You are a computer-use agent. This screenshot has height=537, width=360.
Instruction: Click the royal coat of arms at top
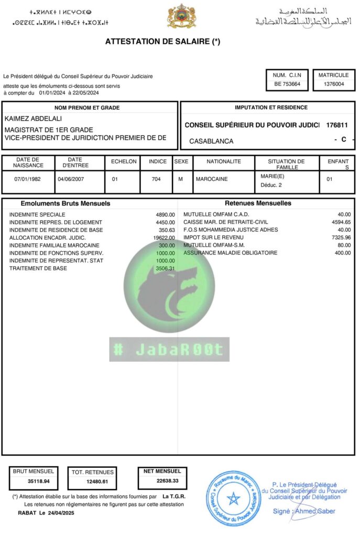[181, 16]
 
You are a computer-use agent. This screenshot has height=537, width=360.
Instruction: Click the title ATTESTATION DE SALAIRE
[162, 41]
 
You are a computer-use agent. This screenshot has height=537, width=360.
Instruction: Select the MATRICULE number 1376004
[334, 84]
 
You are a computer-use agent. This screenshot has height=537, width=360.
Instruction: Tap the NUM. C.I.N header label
[287, 75]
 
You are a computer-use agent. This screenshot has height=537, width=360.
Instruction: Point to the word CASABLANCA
[211, 141]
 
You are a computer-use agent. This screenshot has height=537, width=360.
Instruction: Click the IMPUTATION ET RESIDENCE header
[271, 108]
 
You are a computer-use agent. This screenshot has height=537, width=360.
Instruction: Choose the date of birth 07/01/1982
[29, 179]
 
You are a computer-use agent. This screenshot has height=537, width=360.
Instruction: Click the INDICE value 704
[156, 179]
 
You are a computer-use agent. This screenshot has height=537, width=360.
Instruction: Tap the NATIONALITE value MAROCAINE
[211, 179]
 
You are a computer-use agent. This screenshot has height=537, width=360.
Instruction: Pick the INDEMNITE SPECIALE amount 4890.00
[165, 214]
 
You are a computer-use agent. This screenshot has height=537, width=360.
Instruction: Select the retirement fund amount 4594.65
[341, 222]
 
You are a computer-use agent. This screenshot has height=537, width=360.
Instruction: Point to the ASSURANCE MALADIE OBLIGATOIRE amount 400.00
[342, 253]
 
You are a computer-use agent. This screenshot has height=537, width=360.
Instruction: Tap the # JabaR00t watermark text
[169, 350]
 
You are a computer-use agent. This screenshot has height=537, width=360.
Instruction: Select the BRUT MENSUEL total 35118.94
[39, 481]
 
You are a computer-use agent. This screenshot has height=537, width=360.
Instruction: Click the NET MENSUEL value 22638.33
[168, 481]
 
